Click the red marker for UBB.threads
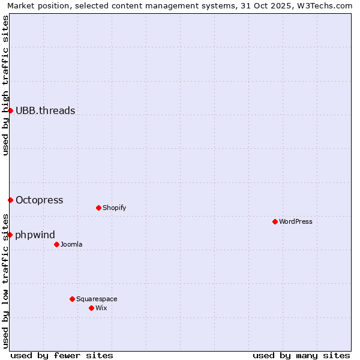10,110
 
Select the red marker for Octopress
10,200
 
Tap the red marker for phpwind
10,235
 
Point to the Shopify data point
98,208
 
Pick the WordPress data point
275,221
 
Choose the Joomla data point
56,244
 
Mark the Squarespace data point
72,299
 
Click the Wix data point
91,308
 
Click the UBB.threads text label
45,110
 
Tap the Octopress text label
39,200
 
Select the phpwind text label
35,235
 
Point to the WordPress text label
296,221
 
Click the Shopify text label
114,208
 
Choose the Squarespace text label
97,299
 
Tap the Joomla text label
71,244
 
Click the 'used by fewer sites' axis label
61,355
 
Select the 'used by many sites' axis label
301,355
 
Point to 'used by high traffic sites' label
5,85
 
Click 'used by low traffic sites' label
5,281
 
